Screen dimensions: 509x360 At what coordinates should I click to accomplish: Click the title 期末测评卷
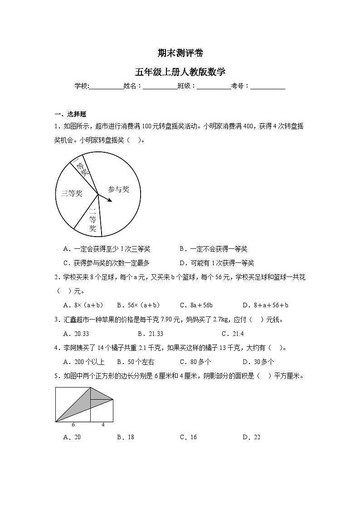pyautogui.click(x=180, y=53)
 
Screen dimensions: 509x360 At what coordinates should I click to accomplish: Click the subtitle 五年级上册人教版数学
pyautogui.click(x=180, y=72)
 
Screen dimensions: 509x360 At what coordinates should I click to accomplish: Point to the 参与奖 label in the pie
pyautogui.click(x=118, y=189)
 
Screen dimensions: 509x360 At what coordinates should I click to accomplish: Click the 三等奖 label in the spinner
pyautogui.click(x=72, y=194)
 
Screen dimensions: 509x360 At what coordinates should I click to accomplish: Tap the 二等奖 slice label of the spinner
pyautogui.click(x=92, y=220)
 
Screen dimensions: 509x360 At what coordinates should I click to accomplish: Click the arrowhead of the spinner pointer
pyautogui.click(x=111, y=200)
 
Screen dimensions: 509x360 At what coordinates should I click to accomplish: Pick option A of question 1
pyautogui.click(x=107, y=249)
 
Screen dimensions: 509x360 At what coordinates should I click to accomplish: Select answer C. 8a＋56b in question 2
pyautogui.click(x=196, y=305)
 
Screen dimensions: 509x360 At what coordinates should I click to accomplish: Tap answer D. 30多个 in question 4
pyautogui.click(x=258, y=362)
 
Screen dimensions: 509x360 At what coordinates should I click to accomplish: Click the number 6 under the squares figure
pyautogui.click(x=73, y=425)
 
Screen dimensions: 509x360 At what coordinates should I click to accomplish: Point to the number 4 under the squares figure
pyautogui.click(x=102, y=425)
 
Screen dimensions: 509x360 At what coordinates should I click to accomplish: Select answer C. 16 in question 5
pyautogui.click(x=188, y=437)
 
